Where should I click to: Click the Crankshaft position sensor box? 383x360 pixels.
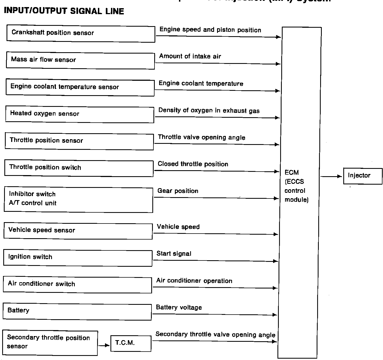click(81, 33)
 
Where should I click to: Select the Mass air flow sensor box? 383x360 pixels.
click(80, 61)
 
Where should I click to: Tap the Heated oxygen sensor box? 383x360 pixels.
click(80, 114)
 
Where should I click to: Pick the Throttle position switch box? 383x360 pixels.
click(79, 168)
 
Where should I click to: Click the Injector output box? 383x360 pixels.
click(363, 176)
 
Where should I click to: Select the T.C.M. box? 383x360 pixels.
click(131, 343)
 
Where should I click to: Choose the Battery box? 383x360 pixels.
click(77, 312)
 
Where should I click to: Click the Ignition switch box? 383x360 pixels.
click(78, 258)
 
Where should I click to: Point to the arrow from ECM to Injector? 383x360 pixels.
click(331, 176)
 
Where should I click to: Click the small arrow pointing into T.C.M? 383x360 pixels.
click(104, 346)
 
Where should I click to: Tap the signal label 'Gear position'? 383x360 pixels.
click(178, 191)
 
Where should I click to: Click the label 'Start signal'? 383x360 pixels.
click(174, 254)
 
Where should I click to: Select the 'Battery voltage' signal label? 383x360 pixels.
click(179, 308)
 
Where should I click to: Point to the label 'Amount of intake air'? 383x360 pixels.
click(190, 56)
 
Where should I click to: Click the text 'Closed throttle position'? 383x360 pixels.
click(193, 164)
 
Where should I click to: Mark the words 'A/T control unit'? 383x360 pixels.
click(33, 203)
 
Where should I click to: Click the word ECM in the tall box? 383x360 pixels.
click(292, 172)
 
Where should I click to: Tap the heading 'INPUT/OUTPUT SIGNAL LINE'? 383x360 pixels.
click(64, 11)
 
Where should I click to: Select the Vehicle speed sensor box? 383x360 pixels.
click(78, 231)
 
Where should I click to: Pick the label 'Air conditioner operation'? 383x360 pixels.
click(194, 281)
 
